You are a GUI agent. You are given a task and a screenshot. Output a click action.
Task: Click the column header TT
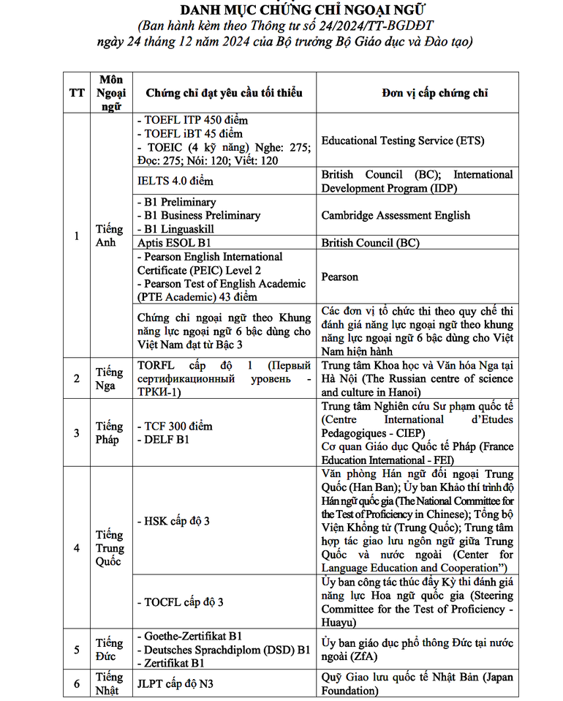(x=76, y=93)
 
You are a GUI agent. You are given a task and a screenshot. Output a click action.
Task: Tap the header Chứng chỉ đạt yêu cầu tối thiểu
(x=224, y=93)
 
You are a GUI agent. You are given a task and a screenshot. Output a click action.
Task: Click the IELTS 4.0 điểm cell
(x=175, y=181)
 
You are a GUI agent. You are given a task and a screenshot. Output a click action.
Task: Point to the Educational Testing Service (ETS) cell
(x=403, y=140)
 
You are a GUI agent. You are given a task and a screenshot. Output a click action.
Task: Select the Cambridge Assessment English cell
(x=396, y=215)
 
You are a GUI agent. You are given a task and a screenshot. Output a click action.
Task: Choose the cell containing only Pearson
(x=339, y=277)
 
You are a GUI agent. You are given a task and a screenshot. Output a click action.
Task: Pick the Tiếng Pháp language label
(x=110, y=432)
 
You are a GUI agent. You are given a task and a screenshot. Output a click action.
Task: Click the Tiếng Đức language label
(x=110, y=649)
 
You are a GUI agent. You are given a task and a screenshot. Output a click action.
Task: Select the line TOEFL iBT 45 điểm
(x=189, y=133)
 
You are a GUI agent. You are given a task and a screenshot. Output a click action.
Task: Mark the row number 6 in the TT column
(x=76, y=684)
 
